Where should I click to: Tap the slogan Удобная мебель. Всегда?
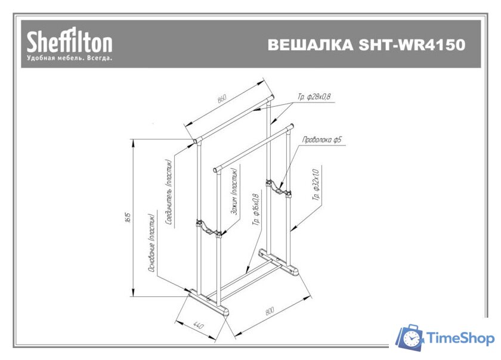coord(69,59)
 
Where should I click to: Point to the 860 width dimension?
coord(222,99)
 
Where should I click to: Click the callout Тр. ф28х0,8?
coord(314,96)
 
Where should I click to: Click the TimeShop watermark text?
coord(461,339)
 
